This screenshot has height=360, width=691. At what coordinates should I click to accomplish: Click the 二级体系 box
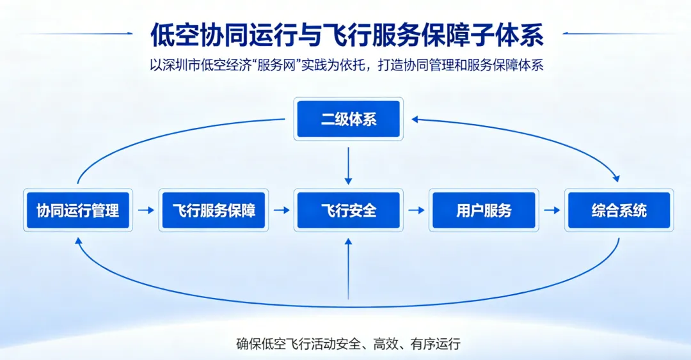tap(348, 119)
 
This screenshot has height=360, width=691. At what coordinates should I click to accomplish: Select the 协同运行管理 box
tap(77, 210)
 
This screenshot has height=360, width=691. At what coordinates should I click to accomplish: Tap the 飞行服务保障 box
tap(213, 210)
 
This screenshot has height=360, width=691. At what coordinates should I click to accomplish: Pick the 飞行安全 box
tap(348, 210)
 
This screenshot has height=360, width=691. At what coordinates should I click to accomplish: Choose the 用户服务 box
tap(484, 210)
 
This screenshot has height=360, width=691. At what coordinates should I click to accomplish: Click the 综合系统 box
tap(619, 210)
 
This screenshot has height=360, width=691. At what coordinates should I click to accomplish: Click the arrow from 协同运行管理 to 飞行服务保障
tap(146, 210)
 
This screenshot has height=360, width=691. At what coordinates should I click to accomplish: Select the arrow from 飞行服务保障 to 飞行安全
tap(281, 210)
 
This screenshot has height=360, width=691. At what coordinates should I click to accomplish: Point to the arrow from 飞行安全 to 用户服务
tap(417, 210)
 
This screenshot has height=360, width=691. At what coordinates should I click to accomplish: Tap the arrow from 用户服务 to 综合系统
tap(552, 210)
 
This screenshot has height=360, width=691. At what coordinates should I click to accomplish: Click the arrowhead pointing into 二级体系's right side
tap(415, 119)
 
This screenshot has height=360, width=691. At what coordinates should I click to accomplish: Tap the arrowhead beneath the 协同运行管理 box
tap(78, 240)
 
